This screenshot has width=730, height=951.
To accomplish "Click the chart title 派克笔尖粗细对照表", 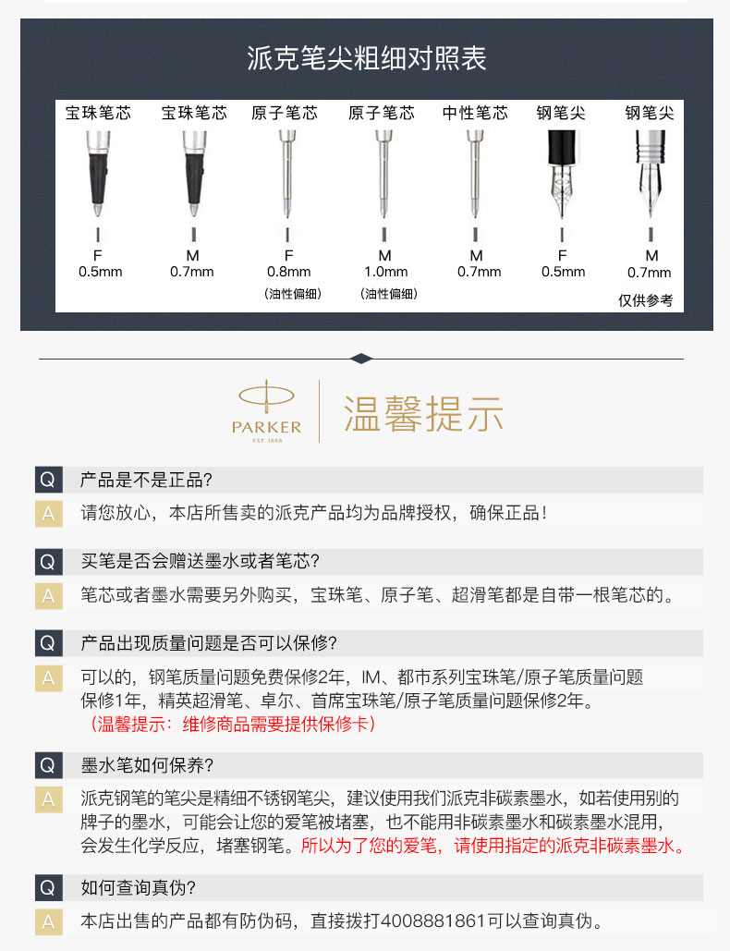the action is [x=366, y=59].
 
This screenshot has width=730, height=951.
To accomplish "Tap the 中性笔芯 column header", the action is [x=475, y=113].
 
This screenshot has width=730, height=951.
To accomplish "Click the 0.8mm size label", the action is [x=288, y=272].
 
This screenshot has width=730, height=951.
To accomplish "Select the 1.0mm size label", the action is [x=385, y=272].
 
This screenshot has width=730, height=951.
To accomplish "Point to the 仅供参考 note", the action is [x=645, y=300].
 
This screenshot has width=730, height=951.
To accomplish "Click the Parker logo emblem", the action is [x=266, y=410].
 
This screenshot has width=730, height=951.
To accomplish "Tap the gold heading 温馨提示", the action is [x=423, y=414].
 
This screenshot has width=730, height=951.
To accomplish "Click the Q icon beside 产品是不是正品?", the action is [x=48, y=480].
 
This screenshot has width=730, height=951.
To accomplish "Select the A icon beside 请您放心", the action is [x=48, y=514].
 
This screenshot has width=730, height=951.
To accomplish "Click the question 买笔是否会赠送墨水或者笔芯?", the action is [x=201, y=561].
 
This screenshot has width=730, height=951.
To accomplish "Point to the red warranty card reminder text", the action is [x=233, y=724].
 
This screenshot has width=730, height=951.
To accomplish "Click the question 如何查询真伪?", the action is [x=139, y=888].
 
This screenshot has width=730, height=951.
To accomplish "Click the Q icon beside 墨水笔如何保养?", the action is [x=48, y=765].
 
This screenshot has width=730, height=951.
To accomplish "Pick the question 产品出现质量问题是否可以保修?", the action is [x=209, y=643].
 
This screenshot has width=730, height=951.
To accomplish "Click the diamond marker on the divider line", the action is [x=361, y=359].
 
